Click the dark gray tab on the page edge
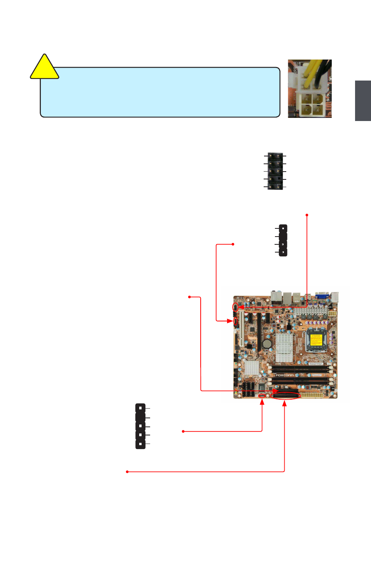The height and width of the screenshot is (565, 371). point(362,100)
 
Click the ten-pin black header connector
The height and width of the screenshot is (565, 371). point(275,171)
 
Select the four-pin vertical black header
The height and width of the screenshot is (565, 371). point(283,240)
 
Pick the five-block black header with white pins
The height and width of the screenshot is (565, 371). point(140,426)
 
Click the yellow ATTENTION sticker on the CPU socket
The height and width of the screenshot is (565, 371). point(316,340)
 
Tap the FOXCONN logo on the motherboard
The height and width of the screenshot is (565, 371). point(284,375)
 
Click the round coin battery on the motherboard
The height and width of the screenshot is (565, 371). point(267,344)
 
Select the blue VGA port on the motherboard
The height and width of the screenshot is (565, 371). point(322,295)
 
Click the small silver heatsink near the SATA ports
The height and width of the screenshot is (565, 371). point(252,368)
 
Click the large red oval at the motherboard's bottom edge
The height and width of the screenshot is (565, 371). point(287,396)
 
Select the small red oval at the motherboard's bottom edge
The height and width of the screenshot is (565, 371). point(262,396)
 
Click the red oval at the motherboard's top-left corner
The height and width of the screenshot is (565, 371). point(235,307)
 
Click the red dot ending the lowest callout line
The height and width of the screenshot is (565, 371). point(127,472)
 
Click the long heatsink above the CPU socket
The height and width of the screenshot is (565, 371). point(310,311)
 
